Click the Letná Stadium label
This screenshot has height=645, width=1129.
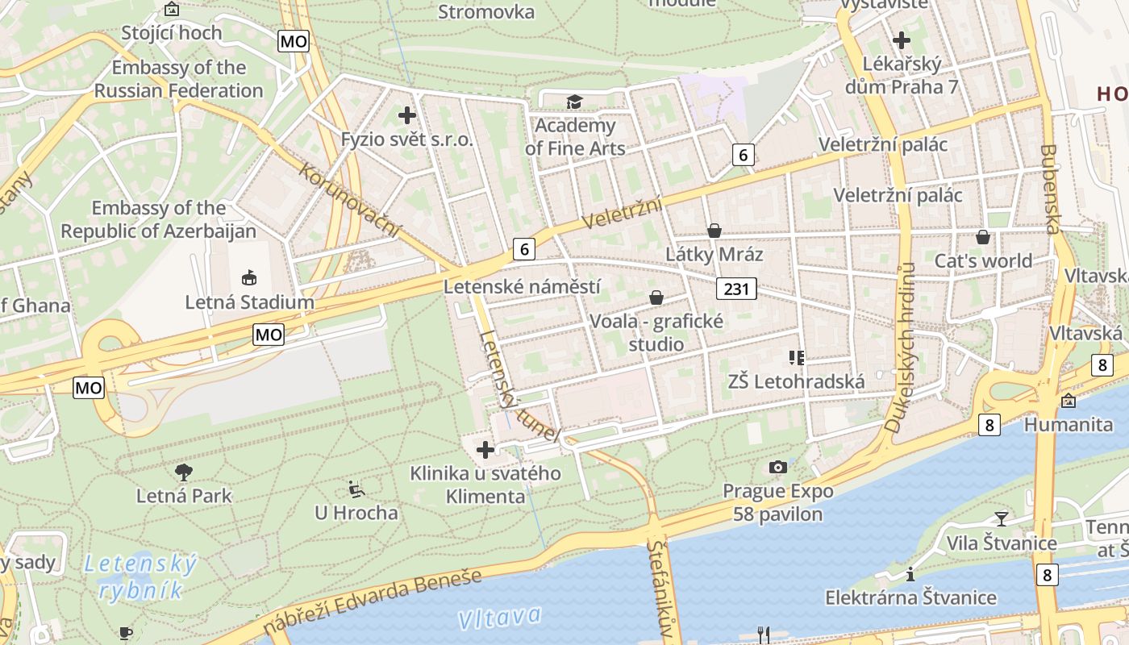point(249,302)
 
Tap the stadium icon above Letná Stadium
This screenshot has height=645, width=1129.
point(249,278)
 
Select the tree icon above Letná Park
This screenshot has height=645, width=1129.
point(184,472)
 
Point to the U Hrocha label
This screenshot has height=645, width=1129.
point(356,513)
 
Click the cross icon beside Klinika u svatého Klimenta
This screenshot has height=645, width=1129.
point(485,450)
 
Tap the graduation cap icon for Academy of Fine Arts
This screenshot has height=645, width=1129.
point(573,102)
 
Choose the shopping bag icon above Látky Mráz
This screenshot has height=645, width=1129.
point(714,231)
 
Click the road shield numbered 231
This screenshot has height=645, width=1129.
point(736,289)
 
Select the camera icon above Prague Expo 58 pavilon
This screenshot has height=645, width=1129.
point(778,467)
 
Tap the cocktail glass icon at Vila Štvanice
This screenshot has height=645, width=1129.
point(1001,518)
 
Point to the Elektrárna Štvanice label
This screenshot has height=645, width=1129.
point(910,597)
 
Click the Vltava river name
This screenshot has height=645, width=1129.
point(500,618)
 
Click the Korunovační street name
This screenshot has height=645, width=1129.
point(350,200)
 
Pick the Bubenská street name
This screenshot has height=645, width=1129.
point(1050,189)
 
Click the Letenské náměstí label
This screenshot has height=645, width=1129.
point(522,286)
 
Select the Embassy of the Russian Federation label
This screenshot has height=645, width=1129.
point(179,79)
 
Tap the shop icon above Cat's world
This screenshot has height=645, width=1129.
point(983,237)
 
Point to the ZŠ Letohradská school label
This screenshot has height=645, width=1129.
point(796,381)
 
